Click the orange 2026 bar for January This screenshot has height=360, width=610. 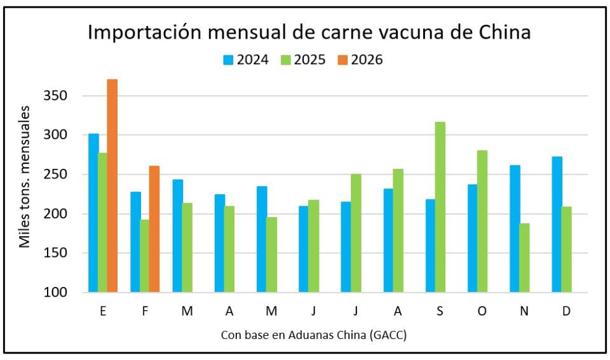(x=112, y=185)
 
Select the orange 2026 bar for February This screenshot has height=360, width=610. (x=154, y=229)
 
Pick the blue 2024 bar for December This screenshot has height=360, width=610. (x=557, y=224)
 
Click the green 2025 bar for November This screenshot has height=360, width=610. (x=524, y=258)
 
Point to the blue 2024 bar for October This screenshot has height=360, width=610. (x=472, y=238)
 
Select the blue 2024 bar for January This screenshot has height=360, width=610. (x=93, y=213)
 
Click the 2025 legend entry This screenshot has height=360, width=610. (x=302, y=60)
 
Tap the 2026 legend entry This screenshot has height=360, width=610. (x=360, y=60)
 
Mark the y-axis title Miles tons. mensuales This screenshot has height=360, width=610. (x=24, y=177)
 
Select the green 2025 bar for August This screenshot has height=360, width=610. (x=398, y=230)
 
